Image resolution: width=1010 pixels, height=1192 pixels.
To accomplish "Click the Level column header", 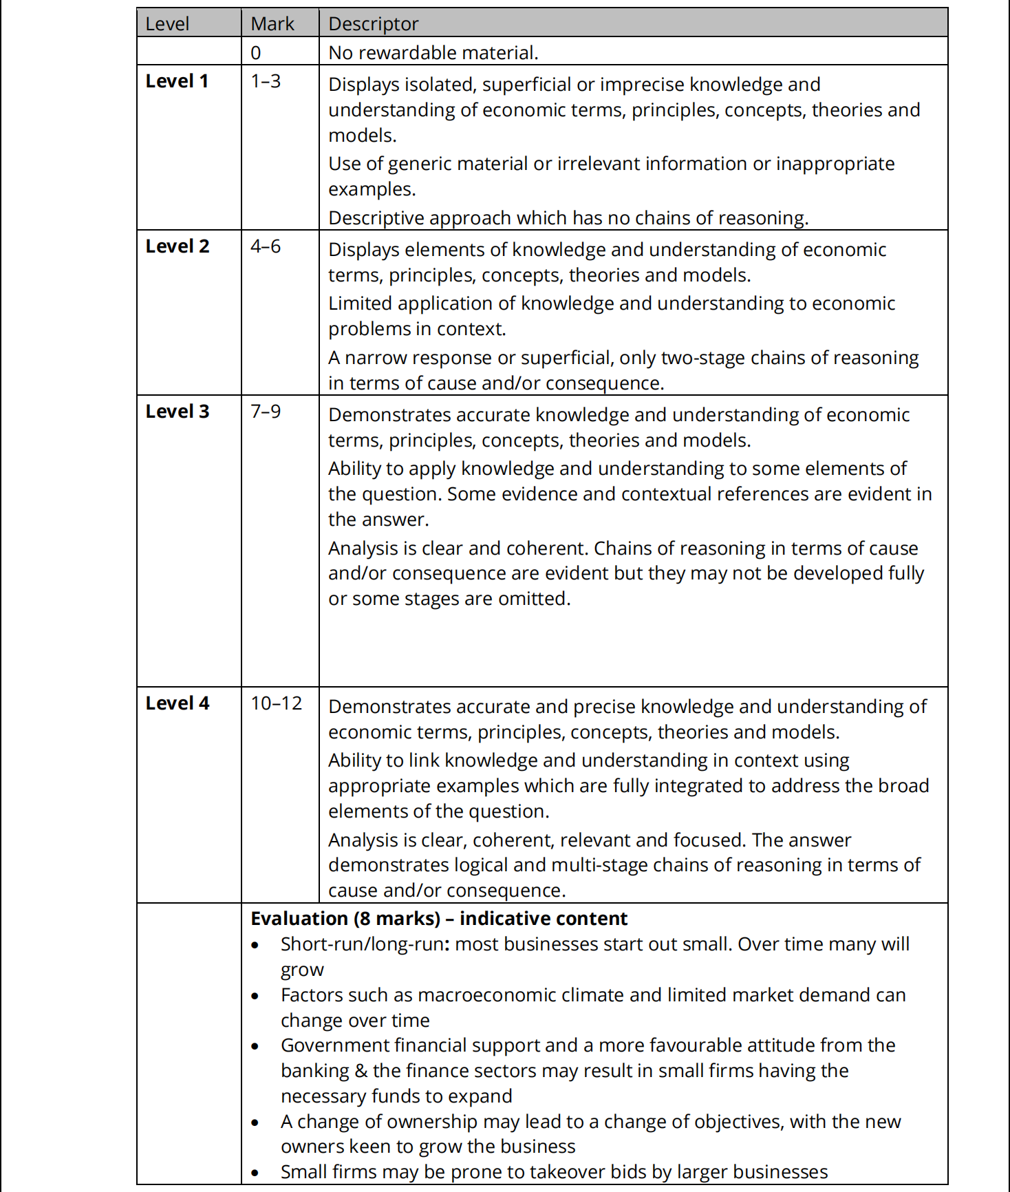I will (x=167, y=24).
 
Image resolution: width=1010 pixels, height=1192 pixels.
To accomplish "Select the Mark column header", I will (x=272, y=24).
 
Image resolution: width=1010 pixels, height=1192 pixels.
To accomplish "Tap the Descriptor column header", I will (x=373, y=24).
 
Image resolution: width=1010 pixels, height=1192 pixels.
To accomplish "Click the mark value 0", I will (x=256, y=53).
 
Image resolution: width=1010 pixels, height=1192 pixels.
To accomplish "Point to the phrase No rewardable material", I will (x=433, y=53).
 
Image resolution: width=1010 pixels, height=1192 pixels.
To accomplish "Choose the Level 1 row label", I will (x=177, y=81).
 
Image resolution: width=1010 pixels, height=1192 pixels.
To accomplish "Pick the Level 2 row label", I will (x=177, y=246).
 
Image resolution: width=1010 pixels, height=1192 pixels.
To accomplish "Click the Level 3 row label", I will (x=177, y=412).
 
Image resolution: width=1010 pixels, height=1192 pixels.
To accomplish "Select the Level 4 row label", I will (x=177, y=703).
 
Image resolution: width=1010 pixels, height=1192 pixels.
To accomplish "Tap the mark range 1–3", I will (x=266, y=81).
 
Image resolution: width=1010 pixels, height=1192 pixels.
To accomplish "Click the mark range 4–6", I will (x=266, y=246).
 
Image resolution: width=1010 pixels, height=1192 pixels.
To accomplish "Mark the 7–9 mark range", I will (x=266, y=412).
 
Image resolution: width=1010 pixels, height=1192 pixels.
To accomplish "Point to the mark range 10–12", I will (x=277, y=703).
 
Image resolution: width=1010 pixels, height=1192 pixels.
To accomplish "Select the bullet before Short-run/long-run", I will (x=255, y=946).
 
